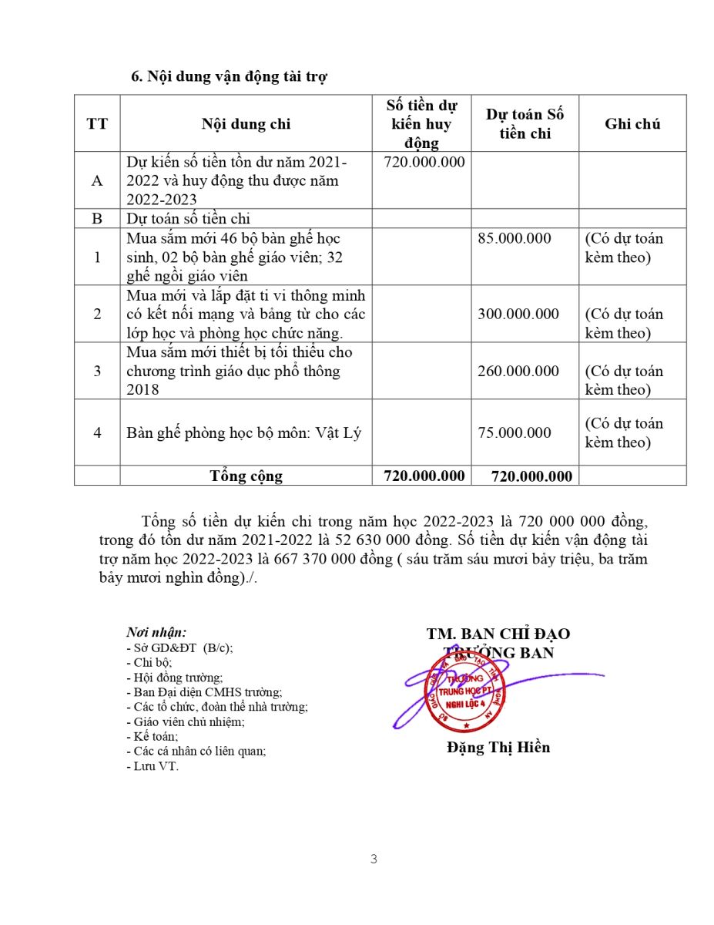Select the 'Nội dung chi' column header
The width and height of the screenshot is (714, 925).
[x=246, y=124]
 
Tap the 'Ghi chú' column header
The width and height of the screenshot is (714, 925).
[x=632, y=124]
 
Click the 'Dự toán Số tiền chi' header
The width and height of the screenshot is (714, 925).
[x=525, y=124]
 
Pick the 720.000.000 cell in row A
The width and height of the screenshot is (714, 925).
[x=424, y=163]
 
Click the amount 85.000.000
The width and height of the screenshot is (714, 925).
[x=515, y=238]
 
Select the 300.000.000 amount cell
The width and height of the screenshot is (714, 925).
[x=518, y=314]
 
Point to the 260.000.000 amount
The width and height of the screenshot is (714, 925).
[x=518, y=372]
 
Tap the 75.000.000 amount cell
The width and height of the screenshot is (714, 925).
[x=515, y=432]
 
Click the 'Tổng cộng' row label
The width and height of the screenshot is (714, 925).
[x=246, y=476]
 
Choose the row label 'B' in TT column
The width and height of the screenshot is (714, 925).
[x=97, y=219]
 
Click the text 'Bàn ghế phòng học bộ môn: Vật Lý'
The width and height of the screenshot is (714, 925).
[x=244, y=432]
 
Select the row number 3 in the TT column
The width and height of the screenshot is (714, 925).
[x=97, y=372]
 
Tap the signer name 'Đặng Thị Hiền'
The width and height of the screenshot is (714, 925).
[x=498, y=748]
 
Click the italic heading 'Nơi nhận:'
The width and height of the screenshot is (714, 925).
[x=156, y=634]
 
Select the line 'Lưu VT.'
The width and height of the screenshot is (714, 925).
[x=152, y=766]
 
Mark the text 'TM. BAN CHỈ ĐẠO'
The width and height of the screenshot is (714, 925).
[x=498, y=634]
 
